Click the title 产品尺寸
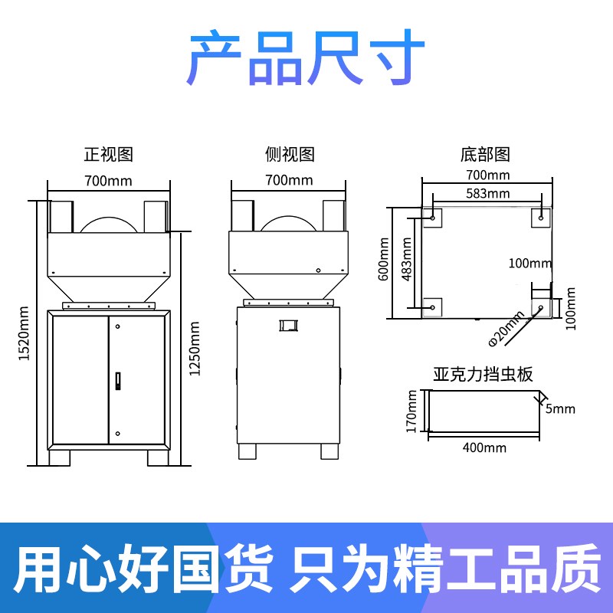(306, 59)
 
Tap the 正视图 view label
(108, 154)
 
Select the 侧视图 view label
(290, 154)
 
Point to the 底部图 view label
(486, 154)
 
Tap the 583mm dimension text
(487, 193)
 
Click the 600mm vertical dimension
(383, 260)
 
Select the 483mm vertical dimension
(405, 260)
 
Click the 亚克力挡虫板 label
(483, 375)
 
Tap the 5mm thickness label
(560, 408)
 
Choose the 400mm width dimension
(484, 447)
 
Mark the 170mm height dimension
(411, 411)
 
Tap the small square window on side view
(288, 325)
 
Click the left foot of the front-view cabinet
(60, 457)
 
